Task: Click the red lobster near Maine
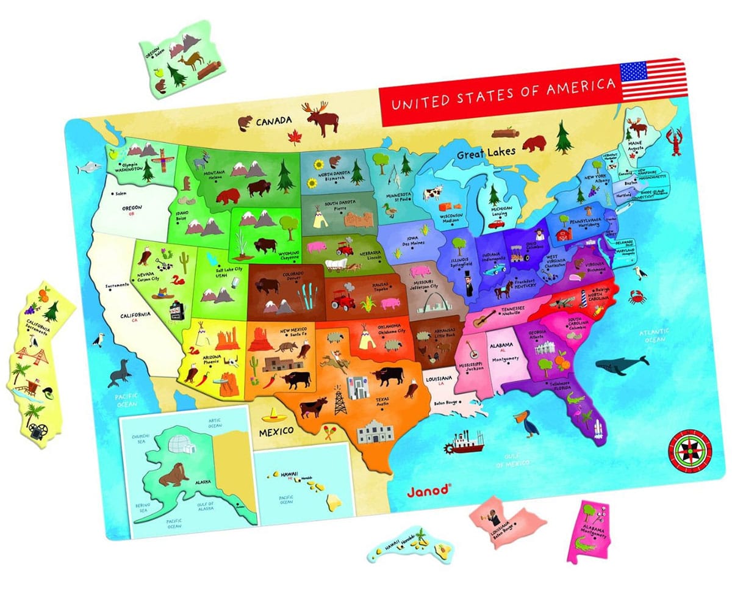[x=675, y=141]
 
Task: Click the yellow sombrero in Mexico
[x=273, y=417]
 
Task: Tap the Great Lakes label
[x=487, y=151]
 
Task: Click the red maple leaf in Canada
[x=295, y=139]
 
